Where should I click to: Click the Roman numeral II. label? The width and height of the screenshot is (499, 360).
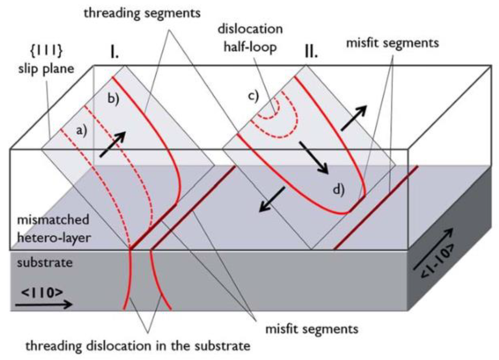coord(311,52)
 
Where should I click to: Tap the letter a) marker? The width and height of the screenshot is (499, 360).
coord(82,131)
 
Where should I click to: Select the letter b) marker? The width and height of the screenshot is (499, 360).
coord(113,99)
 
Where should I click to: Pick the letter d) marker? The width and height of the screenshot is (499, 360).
coord(339,190)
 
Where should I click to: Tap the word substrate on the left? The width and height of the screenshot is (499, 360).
coord(45,263)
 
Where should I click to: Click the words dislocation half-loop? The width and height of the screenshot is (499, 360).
coord(250,38)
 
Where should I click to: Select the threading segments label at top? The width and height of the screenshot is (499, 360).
coord(142,13)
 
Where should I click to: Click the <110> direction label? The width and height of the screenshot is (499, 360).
coord(42,292)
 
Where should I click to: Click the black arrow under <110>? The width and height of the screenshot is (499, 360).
coord(44,304)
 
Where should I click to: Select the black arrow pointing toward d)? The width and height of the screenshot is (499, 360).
coord(313,157)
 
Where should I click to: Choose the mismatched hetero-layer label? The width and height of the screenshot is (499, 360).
coord(53,228)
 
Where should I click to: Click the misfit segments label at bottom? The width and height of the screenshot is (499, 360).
coord(312,329)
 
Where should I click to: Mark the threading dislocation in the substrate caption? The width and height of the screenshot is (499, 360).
coord(138,346)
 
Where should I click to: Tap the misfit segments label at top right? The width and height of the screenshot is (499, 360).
coord(392,43)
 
